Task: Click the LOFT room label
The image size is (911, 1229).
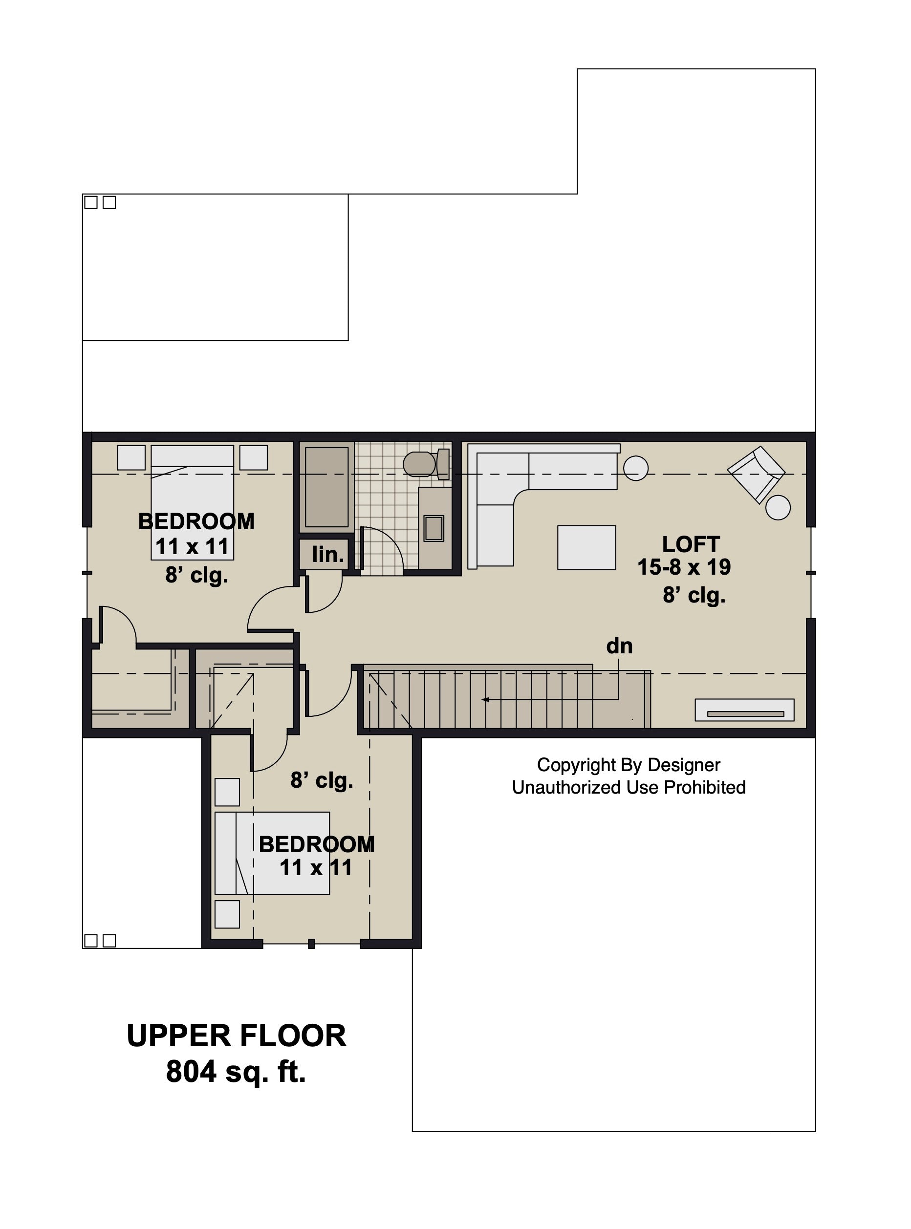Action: (691, 544)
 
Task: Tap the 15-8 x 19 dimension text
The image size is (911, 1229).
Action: (684, 567)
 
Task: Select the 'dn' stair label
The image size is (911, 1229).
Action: (619, 646)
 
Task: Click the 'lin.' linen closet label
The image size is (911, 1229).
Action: (328, 554)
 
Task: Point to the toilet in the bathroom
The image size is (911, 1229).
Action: (426, 464)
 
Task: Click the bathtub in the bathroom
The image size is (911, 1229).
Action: (327, 487)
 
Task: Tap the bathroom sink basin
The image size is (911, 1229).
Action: (434, 528)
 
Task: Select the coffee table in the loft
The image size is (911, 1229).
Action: (586, 547)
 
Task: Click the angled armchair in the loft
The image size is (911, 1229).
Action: (756, 474)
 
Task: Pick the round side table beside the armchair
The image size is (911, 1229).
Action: (778, 507)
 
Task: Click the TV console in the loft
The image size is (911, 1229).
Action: (744, 710)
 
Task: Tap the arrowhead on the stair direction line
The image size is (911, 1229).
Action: (485, 700)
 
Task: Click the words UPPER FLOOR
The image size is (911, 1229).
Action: (237, 1035)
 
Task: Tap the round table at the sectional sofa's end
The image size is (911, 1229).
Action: (636, 468)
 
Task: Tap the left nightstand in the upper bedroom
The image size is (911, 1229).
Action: (131, 457)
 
